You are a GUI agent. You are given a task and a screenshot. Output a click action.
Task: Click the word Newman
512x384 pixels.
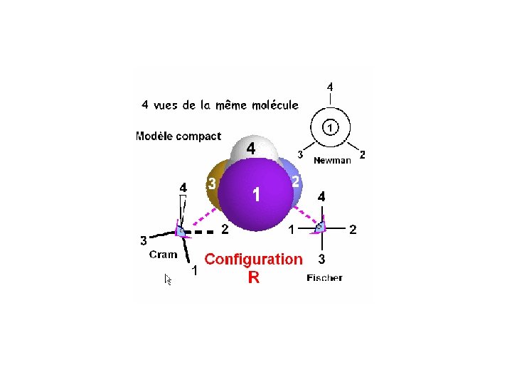[x=332, y=161]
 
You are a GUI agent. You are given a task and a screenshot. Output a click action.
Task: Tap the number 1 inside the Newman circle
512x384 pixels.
[x=330, y=127]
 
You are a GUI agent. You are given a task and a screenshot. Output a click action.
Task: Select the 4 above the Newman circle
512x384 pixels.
[x=329, y=87]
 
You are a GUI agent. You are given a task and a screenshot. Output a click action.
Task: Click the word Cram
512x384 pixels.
[x=163, y=254]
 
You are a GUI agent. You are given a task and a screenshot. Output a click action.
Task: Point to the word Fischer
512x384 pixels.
[x=324, y=277]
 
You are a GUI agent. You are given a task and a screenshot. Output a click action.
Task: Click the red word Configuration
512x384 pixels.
[x=253, y=260]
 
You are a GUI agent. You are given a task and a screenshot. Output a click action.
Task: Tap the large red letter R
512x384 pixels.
[x=254, y=278]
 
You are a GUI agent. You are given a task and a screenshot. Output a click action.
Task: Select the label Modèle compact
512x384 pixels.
[x=178, y=136]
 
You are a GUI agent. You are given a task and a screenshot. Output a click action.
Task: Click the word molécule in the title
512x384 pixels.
[x=274, y=105]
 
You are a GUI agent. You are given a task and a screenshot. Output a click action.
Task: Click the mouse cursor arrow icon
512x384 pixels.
[x=169, y=279]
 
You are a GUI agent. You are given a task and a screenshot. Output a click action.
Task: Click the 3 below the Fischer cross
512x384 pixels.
[x=321, y=258]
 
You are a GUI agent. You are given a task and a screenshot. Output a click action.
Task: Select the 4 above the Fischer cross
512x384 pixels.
[x=321, y=196]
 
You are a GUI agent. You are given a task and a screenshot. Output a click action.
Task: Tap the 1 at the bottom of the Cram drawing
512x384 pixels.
[x=194, y=271]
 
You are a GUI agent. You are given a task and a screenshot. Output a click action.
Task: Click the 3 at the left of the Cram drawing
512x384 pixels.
[x=143, y=240]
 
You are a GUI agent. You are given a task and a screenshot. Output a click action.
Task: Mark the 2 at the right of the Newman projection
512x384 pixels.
[x=363, y=154]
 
